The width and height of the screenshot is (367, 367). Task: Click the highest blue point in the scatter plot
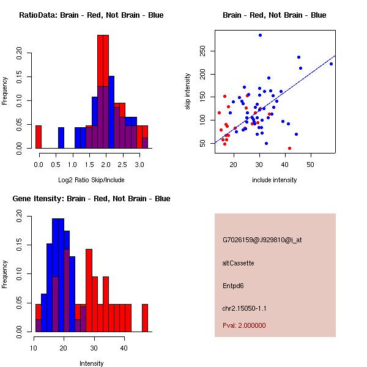click(260, 35)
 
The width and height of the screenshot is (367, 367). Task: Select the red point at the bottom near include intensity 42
click(289, 148)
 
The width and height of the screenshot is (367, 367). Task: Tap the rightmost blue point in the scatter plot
click(331, 64)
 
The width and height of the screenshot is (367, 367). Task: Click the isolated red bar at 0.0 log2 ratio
click(39, 137)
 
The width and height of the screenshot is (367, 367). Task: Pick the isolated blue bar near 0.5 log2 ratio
click(61, 138)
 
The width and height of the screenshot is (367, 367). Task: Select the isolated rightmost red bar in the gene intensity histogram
click(145, 318)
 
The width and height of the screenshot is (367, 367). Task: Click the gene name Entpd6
click(233, 286)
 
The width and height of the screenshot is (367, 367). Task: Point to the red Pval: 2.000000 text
click(244, 325)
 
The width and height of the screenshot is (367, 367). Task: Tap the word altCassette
click(239, 263)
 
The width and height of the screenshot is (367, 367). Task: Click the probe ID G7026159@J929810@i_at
click(262, 240)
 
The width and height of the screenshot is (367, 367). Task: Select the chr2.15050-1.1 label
click(244, 308)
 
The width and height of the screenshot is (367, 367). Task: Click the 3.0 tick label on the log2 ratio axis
click(139, 165)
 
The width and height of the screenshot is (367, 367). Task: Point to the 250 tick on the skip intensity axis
click(202, 51)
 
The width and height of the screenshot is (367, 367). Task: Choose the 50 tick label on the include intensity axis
click(310, 165)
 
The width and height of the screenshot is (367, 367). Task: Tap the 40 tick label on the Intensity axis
click(124, 348)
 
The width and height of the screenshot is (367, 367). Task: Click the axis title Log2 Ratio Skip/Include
click(91, 180)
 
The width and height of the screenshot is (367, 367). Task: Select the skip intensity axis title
click(188, 91)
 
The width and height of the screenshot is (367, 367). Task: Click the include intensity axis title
click(275, 180)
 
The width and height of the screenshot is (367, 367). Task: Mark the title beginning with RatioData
click(91, 15)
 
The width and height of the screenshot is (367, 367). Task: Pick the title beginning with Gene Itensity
click(91, 199)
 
